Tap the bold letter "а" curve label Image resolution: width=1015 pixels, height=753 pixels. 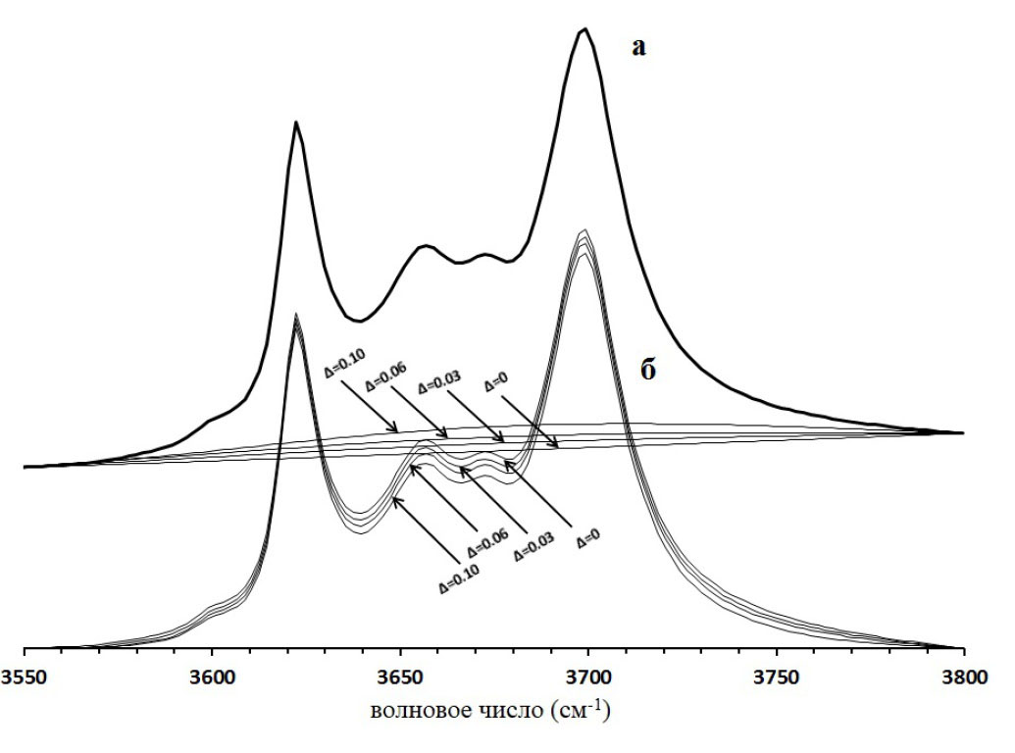point(638,46)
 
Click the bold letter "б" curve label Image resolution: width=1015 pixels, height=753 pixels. point(647,373)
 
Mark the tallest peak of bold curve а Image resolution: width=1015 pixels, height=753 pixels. point(585,29)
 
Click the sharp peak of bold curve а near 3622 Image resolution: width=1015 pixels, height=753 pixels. point(296,122)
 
